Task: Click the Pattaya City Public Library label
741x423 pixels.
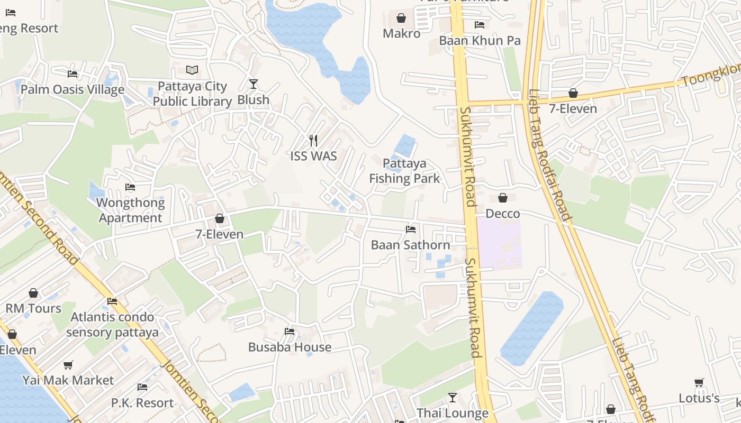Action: (192, 94)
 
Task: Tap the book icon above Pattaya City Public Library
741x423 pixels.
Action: (192, 70)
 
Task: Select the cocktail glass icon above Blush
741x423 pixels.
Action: (254, 84)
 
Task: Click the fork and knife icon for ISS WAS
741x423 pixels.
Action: (313, 140)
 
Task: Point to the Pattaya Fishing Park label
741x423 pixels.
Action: (404, 171)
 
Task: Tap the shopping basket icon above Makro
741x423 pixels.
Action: (401, 19)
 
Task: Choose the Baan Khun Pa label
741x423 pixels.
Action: (480, 41)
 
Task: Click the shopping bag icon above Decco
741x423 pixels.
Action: (502, 198)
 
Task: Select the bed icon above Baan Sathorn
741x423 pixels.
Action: (410, 229)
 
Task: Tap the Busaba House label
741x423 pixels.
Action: (290, 347)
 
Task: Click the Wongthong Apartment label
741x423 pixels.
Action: (130, 210)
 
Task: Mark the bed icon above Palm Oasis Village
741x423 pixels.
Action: (73, 74)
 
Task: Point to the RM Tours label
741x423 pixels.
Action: (33, 308)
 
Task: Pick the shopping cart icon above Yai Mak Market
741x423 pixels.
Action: (68, 365)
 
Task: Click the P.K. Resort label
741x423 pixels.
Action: (142, 403)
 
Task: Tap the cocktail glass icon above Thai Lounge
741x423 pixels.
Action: (453, 397)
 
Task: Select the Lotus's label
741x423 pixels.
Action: (699, 398)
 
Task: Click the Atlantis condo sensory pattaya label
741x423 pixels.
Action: (112, 325)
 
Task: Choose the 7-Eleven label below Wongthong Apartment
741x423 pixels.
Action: (219, 234)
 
